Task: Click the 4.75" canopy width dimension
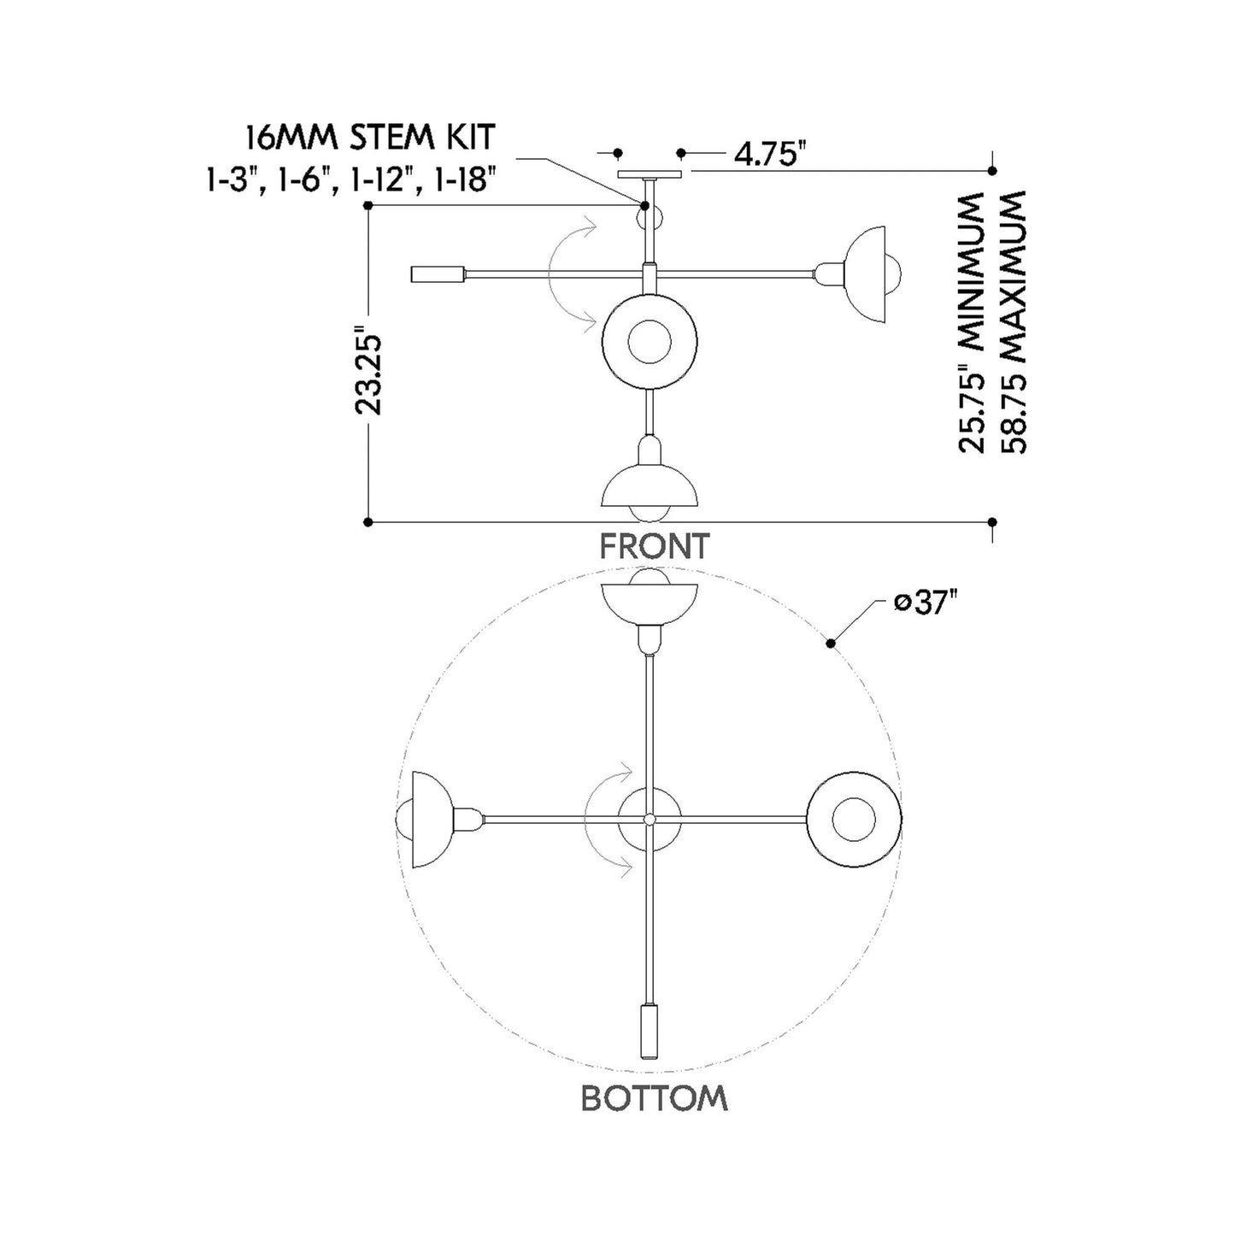click(769, 154)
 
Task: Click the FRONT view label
click(655, 546)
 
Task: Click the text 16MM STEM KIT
click(371, 137)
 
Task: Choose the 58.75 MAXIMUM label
click(1013, 322)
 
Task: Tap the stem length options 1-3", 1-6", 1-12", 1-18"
click(352, 180)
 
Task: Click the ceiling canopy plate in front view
click(650, 174)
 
